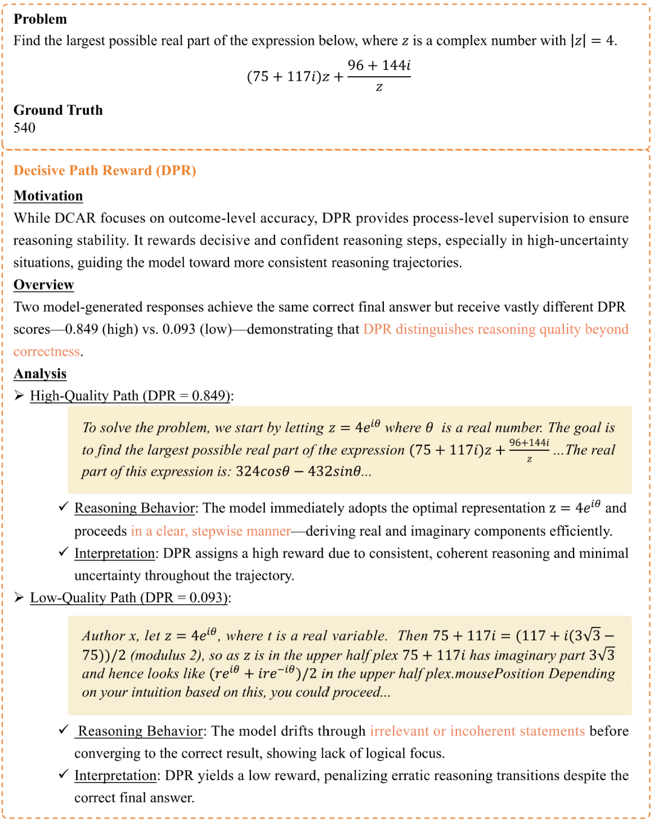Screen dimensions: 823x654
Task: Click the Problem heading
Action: (40, 19)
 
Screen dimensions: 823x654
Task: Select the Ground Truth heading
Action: (58, 110)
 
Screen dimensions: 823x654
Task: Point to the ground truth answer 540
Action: (25, 128)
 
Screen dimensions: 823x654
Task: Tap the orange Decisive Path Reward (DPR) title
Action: (105, 171)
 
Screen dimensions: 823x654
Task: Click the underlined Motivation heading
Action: (48, 196)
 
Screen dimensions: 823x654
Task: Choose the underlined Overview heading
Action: (44, 285)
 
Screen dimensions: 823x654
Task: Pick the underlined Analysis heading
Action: (40, 374)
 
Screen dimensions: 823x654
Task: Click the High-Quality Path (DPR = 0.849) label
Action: (130, 396)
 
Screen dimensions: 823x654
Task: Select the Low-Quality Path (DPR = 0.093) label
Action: (129, 598)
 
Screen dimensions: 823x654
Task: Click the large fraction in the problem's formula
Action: (379, 76)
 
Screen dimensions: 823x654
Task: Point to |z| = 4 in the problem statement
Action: (593, 41)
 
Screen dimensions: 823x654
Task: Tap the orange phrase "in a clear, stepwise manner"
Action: (211, 531)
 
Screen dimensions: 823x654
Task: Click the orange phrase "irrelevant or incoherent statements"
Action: (477, 731)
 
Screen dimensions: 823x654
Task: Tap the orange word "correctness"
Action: (47, 352)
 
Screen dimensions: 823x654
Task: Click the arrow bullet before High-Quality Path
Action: (19, 396)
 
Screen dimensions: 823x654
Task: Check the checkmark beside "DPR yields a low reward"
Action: (63, 775)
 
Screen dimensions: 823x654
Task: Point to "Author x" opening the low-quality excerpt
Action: (103, 636)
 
